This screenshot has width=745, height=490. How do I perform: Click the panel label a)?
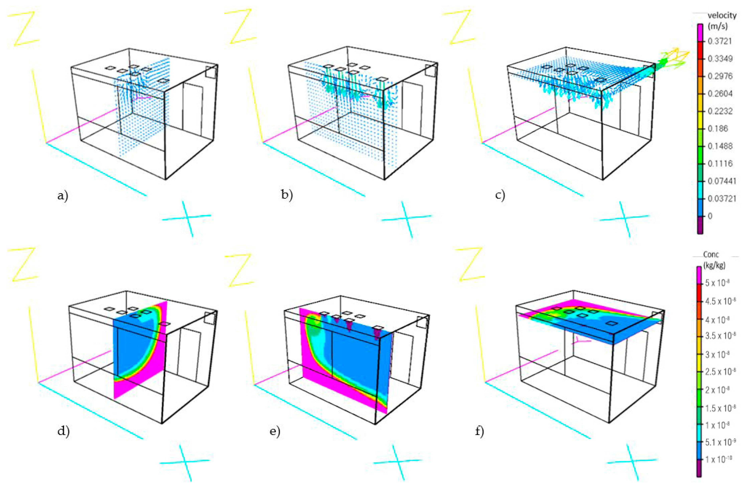(63, 196)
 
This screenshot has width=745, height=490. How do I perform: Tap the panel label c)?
(500, 195)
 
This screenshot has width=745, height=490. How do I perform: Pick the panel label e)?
(275, 431)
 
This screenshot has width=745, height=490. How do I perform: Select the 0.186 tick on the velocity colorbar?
(718, 128)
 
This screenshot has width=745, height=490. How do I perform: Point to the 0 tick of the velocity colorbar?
(710, 216)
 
